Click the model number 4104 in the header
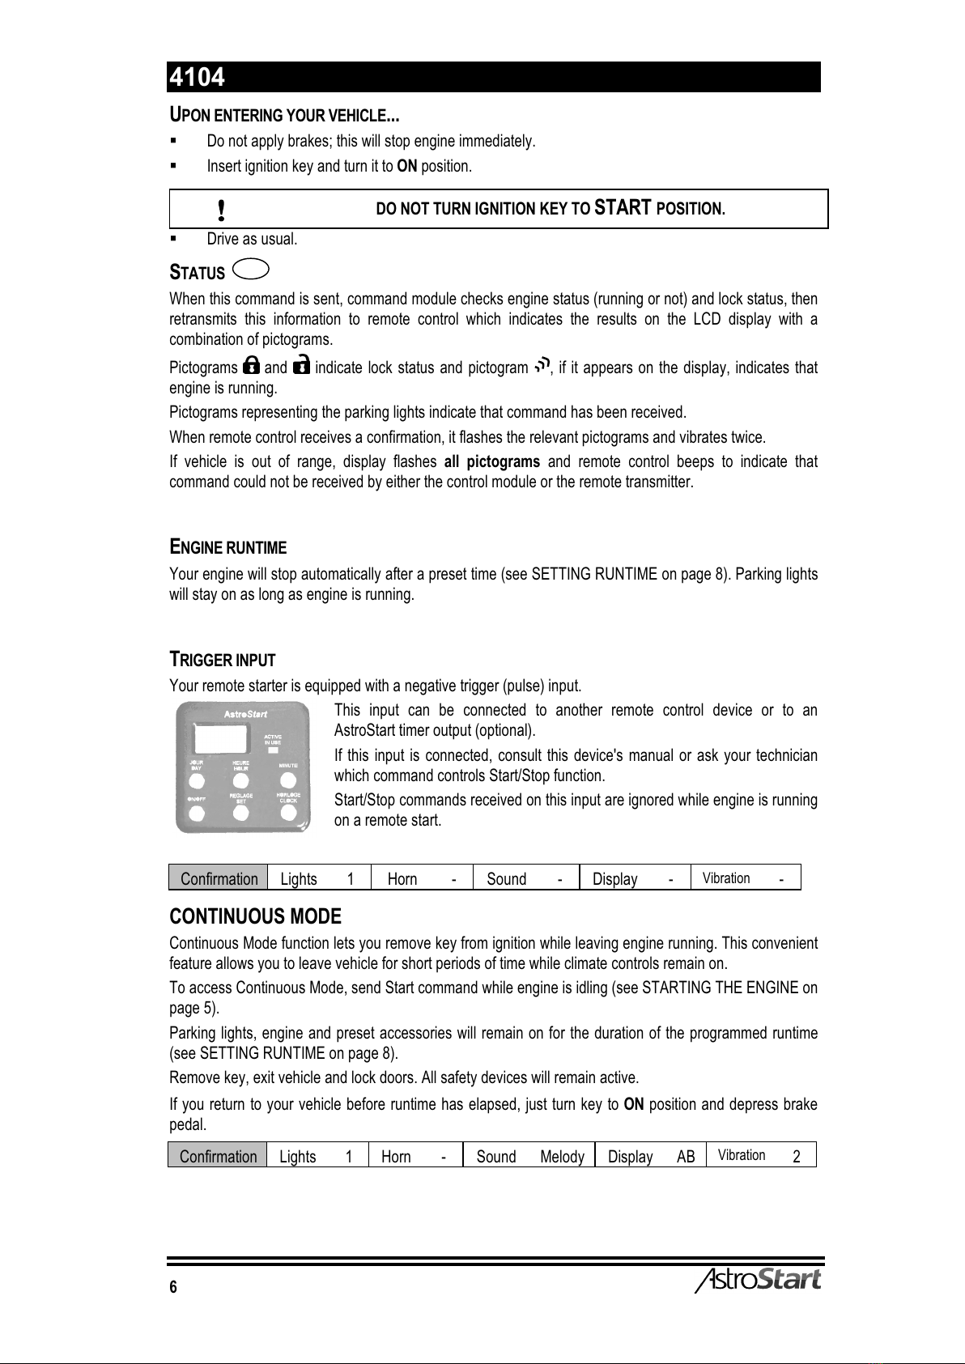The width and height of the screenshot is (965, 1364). (197, 77)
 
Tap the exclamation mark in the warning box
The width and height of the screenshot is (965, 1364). (221, 210)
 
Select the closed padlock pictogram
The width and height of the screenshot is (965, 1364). (251, 366)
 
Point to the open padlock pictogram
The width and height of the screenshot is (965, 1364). (300, 366)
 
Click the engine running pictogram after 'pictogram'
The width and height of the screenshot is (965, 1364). (542, 366)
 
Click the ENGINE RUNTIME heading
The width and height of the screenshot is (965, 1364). (227, 546)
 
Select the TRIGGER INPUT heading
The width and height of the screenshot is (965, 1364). (222, 659)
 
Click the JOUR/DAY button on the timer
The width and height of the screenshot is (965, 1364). (195, 781)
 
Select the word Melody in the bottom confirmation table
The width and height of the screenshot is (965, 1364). (562, 1156)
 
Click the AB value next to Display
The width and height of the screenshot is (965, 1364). (686, 1156)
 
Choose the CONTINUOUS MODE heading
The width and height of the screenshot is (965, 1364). (255, 916)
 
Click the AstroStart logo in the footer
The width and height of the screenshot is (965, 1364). (758, 1279)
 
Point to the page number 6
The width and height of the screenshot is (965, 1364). (173, 1287)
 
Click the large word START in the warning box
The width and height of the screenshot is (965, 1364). (622, 208)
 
